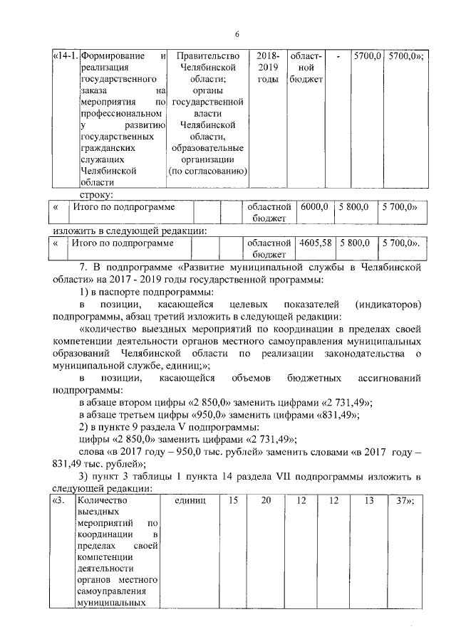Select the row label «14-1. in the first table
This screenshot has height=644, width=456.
point(65,56)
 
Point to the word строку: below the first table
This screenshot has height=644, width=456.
point(95,194)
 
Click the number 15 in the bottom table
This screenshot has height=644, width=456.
point(233,501)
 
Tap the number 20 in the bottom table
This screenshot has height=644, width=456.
point(266,501)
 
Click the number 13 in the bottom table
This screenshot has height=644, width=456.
point(368,501)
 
